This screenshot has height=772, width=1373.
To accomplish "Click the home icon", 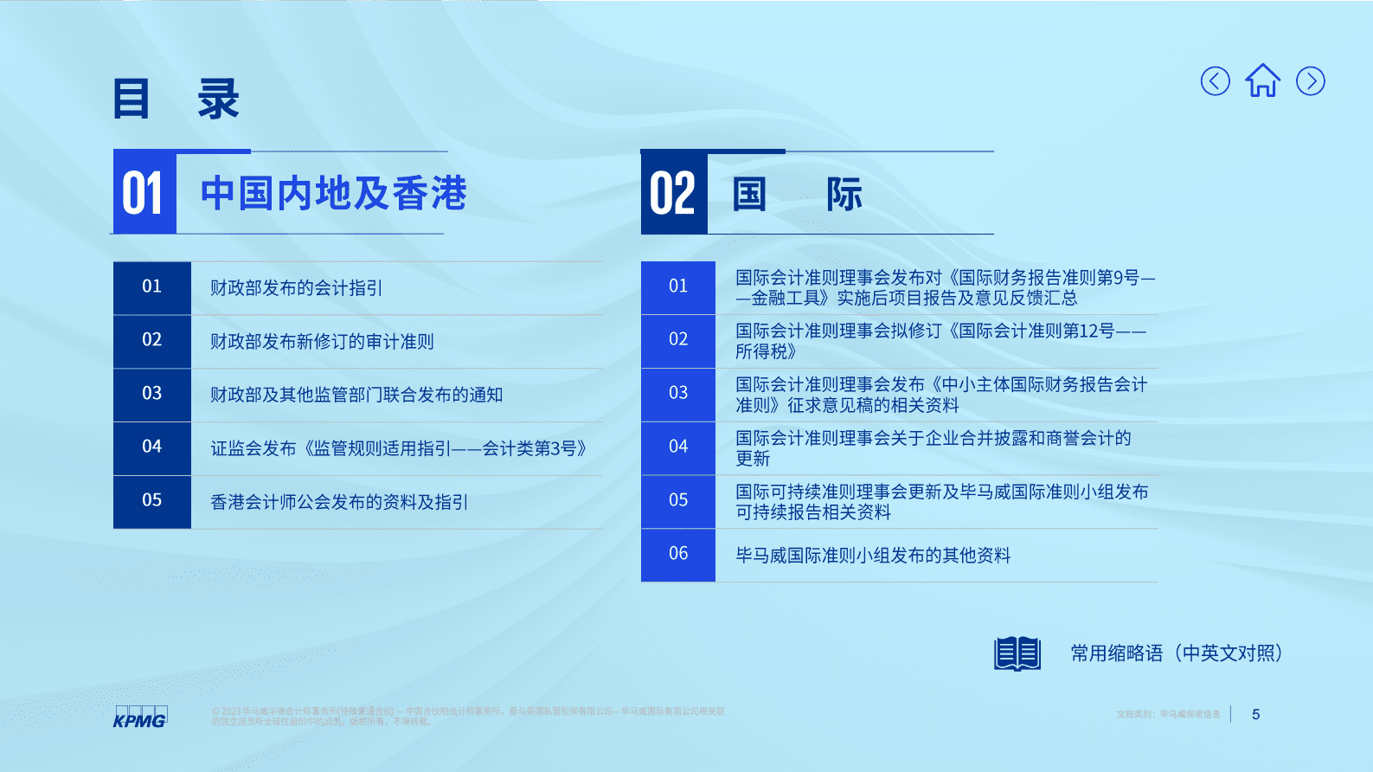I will point(1262,81).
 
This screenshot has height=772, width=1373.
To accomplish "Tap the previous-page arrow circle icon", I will point(1215,81).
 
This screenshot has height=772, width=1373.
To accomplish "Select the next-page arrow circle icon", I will point(1310,81).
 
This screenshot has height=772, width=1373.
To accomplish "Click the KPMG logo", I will point(140,717).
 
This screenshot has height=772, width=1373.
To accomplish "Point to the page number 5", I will point(1255,714).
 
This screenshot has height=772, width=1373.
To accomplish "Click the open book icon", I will point(1017,653).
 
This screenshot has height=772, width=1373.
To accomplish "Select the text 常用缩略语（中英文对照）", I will point(1177,653).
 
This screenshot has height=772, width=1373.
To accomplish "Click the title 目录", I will point(176,99).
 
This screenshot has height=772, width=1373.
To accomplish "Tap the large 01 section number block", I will point(144,193).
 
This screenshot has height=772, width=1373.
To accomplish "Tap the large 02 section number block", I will point(674,193).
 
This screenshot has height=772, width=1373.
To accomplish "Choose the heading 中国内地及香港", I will point(333,193).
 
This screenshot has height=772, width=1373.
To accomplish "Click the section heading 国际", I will point(797,194).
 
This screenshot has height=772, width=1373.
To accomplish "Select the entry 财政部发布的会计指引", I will point(296,288).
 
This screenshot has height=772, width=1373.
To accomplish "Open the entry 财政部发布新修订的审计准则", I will point(322,342).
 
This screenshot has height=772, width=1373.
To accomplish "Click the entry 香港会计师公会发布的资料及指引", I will point(339,502).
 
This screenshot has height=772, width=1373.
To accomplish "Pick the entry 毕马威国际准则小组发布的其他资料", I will point(873,556).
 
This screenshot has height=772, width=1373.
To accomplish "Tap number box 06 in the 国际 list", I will point(678,554).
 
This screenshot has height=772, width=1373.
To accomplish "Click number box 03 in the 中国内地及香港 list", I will point(152,394).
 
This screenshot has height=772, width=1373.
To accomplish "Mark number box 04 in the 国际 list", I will point(678,447).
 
